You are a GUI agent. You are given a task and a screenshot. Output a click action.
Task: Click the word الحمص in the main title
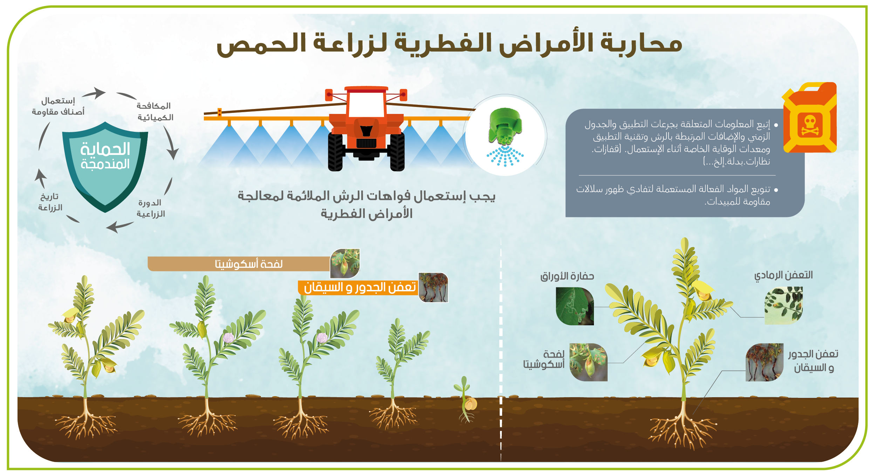[x=261, y=44]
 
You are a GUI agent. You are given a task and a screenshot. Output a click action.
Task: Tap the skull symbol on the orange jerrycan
[x=810, y=126]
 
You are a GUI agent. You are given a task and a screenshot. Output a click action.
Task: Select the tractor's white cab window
[x=366, y=104]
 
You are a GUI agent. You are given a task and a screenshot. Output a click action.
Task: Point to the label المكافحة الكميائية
[x=155, y=111]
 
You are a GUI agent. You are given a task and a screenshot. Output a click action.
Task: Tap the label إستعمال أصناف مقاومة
[x=58, y=106]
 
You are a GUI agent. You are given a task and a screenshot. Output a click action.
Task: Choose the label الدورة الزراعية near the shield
[x=151, y=208]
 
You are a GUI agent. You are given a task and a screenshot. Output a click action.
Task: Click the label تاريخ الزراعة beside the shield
[x=50, y=202]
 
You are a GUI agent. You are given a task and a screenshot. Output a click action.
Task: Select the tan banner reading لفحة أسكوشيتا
[x=239, y=264]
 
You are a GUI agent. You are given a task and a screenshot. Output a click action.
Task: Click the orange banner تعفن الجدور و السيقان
[x=358, y=287]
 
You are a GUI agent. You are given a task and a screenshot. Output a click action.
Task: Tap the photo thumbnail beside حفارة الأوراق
[x=575, y=306]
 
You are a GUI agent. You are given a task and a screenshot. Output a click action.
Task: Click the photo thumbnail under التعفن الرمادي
[x=783, y=305]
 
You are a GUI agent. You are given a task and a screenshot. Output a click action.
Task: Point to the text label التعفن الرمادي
[x=783, y=276]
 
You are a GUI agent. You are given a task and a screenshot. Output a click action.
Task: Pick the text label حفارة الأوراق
[x=567, y=277]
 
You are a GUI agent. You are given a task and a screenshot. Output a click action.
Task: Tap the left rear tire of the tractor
[x=335, y=152]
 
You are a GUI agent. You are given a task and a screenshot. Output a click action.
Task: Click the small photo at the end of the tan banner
[x=345, y=264]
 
